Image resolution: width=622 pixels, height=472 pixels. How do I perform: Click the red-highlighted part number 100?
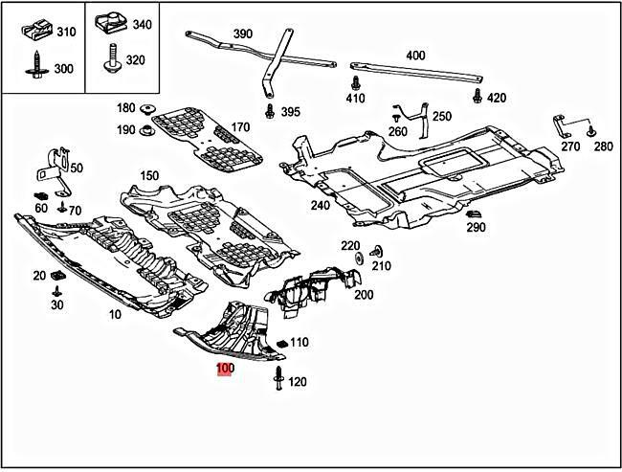(225, 368)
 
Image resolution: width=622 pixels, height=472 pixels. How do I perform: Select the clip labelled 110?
(281, 343)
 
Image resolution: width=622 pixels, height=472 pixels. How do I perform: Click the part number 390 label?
(243, 34)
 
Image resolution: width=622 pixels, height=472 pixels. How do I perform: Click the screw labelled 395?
(270, 111)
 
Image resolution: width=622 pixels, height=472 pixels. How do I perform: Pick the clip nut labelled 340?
(111, 23)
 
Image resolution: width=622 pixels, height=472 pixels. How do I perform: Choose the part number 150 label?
(149, 176)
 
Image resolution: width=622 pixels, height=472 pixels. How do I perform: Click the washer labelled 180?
(149, 108)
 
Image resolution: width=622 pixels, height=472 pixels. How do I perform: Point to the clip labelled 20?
(56, 276)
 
